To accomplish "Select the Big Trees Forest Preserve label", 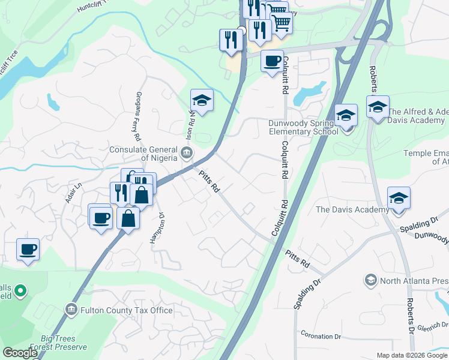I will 64,342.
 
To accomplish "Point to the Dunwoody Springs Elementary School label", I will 303,127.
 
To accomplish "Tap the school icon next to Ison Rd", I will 202,100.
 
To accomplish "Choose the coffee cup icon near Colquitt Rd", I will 272,61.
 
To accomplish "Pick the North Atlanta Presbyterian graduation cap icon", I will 370,280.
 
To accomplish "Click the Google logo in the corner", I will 20,353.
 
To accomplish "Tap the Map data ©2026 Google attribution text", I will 412,355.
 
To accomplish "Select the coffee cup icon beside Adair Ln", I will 28,249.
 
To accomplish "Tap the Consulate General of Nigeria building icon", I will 187,154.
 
